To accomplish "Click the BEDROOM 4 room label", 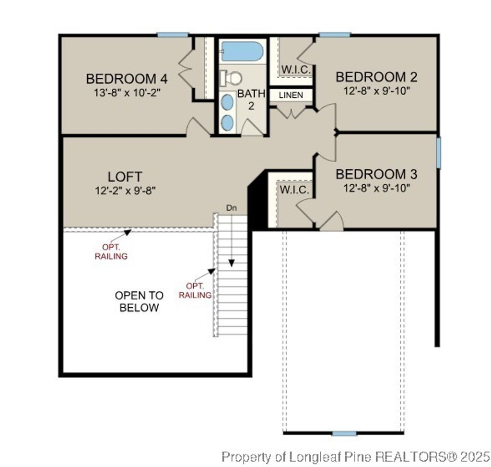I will tap(128, 78).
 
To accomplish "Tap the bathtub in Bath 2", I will tap(242, 51).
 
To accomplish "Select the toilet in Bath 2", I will tap(232, 77).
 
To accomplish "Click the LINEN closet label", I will tap(291, 95).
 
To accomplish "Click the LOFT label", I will tap(125, 177).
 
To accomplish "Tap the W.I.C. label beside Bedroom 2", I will tap(296, 70).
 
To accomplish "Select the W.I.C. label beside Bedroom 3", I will tap(294, 190).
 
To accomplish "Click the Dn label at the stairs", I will tap(232, 208).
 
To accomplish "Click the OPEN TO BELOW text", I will tap(139, 301).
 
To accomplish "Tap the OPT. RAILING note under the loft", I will tap(111, 252).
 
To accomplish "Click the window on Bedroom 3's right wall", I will tap(438, 153).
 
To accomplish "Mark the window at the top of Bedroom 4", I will tap(173, 35).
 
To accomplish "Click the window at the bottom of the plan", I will tap(344, 433).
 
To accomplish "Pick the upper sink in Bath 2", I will tap(228, 102).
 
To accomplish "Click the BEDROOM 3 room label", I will tap(376, 174).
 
